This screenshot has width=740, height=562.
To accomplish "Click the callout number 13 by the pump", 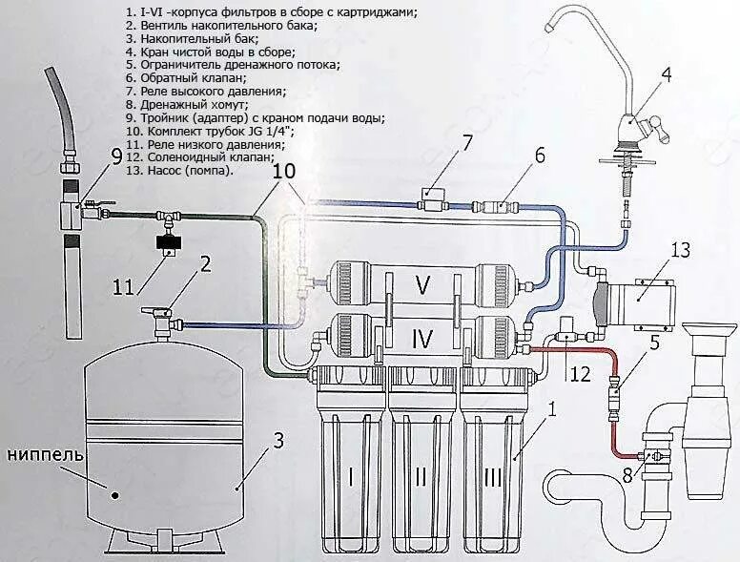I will point(679,250).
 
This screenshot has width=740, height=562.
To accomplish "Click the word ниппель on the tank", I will point(46,453).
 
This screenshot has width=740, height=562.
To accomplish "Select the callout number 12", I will point(580,375).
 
